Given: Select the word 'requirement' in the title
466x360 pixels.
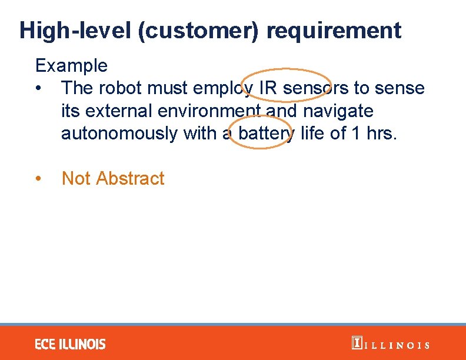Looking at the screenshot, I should pyautogui.click(x=334, y=30).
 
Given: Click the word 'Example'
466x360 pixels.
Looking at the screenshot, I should pyautogui.click(x=71, y=65).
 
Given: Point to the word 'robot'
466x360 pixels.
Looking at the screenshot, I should pyautogui.click(x=127, y=88).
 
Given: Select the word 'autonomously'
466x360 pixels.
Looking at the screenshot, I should pyautogui.click(x=119, y=134).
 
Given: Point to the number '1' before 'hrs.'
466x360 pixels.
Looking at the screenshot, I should pyautogui.click(x=355, y=134).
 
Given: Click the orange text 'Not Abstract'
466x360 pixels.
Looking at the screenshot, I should pyautogui.click(x=113, y=178).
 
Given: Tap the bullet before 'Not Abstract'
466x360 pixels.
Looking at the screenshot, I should pyautogui.click(x=39, y=179).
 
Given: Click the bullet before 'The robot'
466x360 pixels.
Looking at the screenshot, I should pyautogui.click(x=39, y=89).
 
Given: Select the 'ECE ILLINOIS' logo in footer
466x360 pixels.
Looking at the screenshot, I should pyautogui.click(x=70, y=344).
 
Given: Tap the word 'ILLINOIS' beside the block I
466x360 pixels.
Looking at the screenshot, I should pyautogui.click(x=398, y=345).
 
